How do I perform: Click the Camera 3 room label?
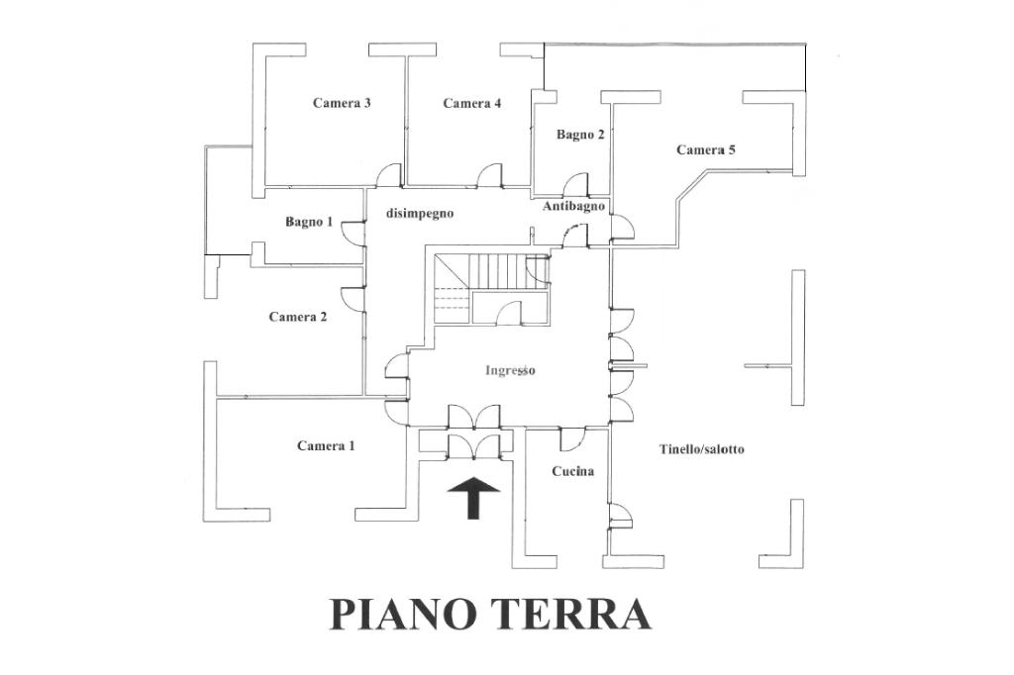342,103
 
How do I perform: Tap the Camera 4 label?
472,103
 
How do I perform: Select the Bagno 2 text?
580,135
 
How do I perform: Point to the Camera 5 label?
705,149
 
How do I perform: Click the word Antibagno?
573,206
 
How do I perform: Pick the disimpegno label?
420,213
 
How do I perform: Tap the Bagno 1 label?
309,222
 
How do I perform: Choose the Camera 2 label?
297,317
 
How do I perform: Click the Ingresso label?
510,370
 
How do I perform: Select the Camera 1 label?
326,445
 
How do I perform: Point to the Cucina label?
573,471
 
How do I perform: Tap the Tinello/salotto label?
702,448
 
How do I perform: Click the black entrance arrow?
474,498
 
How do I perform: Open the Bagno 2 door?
575,184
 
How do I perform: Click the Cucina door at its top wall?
572,439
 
